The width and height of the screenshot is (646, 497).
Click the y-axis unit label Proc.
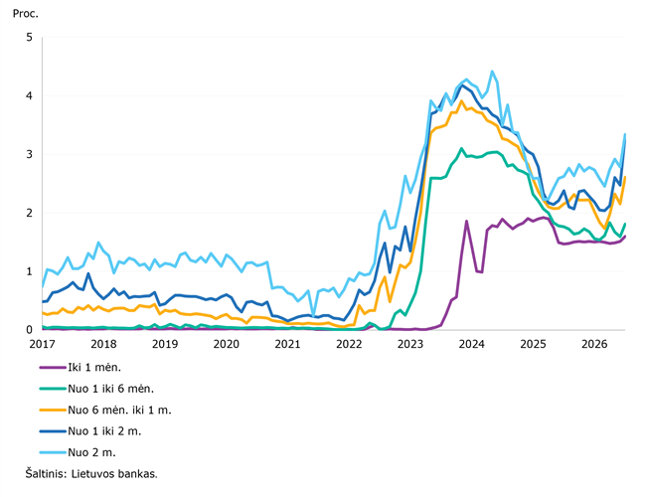(25, 14)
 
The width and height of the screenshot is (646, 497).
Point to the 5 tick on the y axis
(29, 37)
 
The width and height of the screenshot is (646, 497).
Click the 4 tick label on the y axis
(29, 95)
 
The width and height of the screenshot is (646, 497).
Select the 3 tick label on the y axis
(29, 154)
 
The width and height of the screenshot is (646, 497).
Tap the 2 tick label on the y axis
(29, 213)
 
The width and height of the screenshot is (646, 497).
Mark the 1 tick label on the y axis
(29, 271)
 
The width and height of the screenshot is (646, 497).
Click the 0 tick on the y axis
(29, 330)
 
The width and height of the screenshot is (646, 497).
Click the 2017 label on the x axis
(42, 344)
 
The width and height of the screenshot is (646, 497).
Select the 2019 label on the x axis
(165, 344)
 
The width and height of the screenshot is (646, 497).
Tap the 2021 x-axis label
(287, 344)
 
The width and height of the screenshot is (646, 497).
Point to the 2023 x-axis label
(410, 344)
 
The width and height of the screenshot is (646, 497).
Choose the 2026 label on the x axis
(594, 344)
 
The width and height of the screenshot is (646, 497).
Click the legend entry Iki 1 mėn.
(94, 367)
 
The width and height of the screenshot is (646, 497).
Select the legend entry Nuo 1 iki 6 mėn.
(111, 389)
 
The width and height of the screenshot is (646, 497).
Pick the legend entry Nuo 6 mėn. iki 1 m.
(119, 411)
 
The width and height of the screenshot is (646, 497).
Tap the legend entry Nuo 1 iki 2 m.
(104, 431)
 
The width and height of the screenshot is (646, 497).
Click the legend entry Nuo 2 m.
(91, 453)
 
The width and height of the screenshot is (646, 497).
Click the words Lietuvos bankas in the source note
(114, 474)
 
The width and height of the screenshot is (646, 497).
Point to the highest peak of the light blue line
(492, 72)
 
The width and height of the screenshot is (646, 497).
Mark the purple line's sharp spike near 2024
(466, 221)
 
